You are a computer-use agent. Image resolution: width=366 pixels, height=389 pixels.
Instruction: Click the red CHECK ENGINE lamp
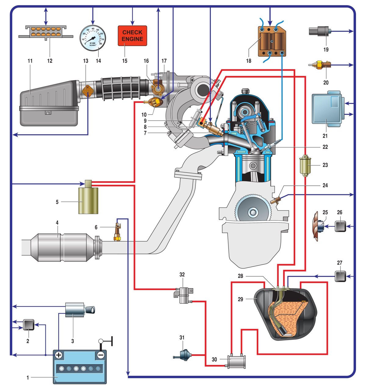[132, 36]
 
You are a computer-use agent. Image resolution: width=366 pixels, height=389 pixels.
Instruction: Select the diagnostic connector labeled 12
[46, 32]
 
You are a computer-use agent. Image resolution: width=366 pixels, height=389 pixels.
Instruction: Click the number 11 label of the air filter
[30, 61]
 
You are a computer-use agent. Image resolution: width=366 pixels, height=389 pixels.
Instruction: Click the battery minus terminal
[101, 355]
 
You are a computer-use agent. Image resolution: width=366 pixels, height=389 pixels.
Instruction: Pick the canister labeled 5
[88, 200]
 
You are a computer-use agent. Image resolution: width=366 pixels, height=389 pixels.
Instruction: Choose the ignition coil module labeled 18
[271, 41]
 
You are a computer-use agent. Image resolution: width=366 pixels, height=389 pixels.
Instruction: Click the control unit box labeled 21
[327, 109]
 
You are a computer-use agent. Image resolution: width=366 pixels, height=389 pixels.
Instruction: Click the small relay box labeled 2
[28, 325]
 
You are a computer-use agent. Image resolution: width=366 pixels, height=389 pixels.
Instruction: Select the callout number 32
[182, 274]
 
